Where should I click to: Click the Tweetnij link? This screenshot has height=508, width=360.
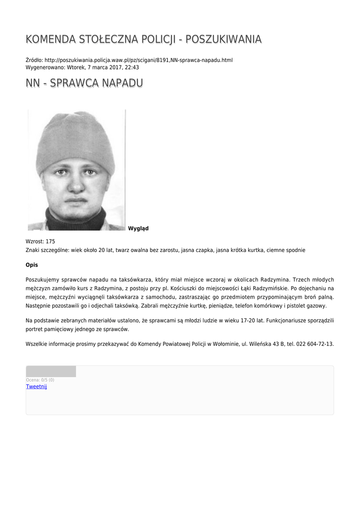point(36,386)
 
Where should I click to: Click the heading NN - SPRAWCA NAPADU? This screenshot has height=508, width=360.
point(84,83)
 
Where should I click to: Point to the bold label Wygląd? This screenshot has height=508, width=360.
point(138,229)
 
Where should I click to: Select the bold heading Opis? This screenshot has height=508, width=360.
point(32,265)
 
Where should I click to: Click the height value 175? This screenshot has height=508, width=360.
point(50,242)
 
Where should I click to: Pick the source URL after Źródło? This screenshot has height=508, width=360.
point(139,60)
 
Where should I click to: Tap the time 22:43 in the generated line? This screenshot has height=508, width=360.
point(132,67)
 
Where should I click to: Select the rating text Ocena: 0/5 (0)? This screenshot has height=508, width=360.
point(40,380)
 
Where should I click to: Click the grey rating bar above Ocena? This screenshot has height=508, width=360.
point(51,372)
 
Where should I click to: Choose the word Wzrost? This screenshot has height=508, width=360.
point(34,242)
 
